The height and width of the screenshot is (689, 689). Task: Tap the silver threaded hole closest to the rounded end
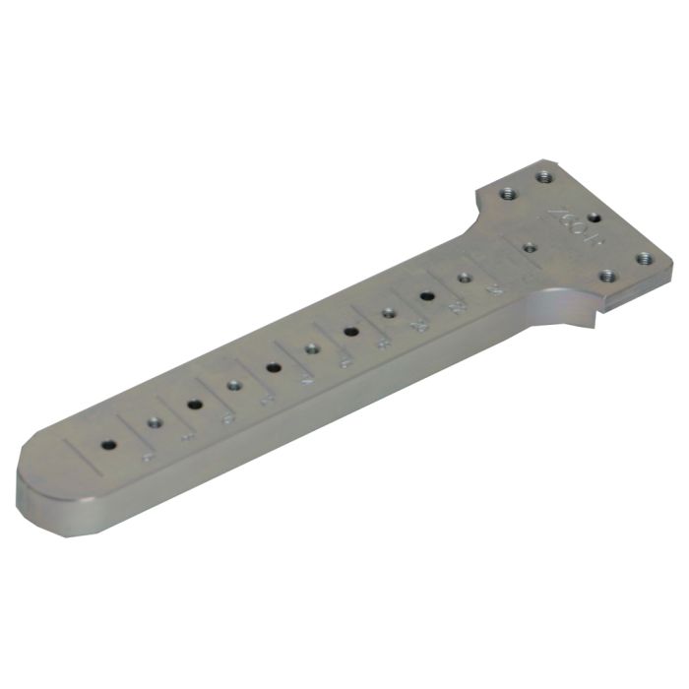click(x=154, y=423)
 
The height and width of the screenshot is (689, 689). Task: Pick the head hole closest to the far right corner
click(x=645, y=259)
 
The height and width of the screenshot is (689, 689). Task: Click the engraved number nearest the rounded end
click(x=149, y=455)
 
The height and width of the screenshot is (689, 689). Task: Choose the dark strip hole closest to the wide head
click(x=427, y=294)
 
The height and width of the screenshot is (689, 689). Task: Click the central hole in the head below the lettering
click(x=529, y=247)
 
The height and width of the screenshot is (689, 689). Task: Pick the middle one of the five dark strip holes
click(x=273, y=367)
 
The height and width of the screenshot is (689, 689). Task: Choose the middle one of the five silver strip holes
click(x=312, y=348)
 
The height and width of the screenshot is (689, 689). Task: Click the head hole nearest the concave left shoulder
click(x=507, y=195)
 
